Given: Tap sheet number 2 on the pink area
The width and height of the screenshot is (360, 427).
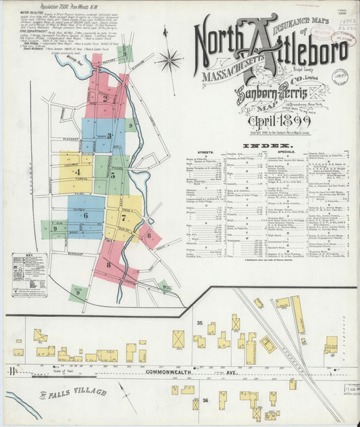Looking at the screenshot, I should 105,97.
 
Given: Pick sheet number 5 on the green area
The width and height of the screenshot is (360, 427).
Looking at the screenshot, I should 112,175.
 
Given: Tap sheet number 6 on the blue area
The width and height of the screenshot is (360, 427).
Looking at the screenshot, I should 86,215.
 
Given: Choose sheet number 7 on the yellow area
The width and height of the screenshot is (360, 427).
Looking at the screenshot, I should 124,218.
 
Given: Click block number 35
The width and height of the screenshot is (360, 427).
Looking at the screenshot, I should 199,324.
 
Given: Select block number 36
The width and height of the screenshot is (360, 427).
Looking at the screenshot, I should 205,399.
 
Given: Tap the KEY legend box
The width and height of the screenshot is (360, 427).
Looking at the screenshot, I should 29,276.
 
